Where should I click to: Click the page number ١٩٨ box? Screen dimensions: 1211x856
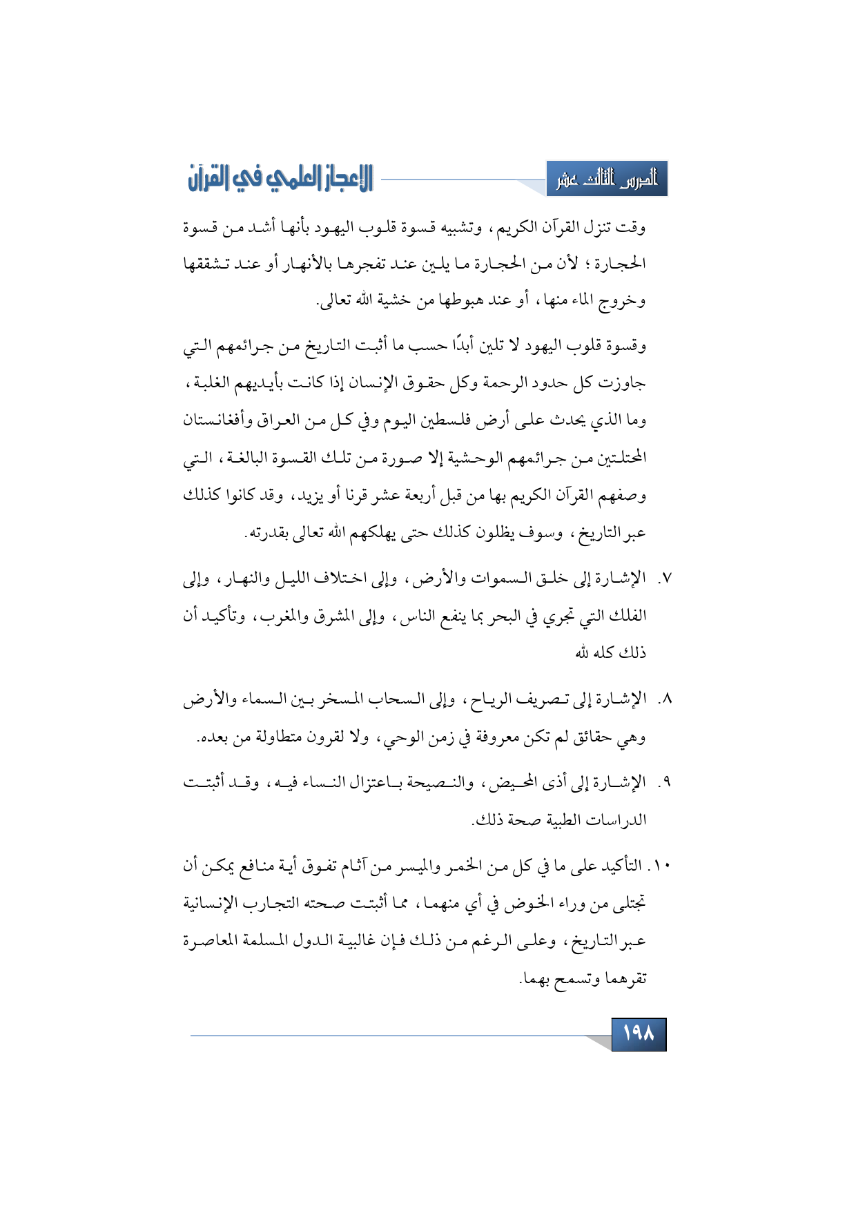[639, 1034]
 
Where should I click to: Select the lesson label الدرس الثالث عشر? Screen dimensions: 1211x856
[607, 180]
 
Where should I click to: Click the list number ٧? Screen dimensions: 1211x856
[663, 578]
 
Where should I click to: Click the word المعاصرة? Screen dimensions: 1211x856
[213, 940]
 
